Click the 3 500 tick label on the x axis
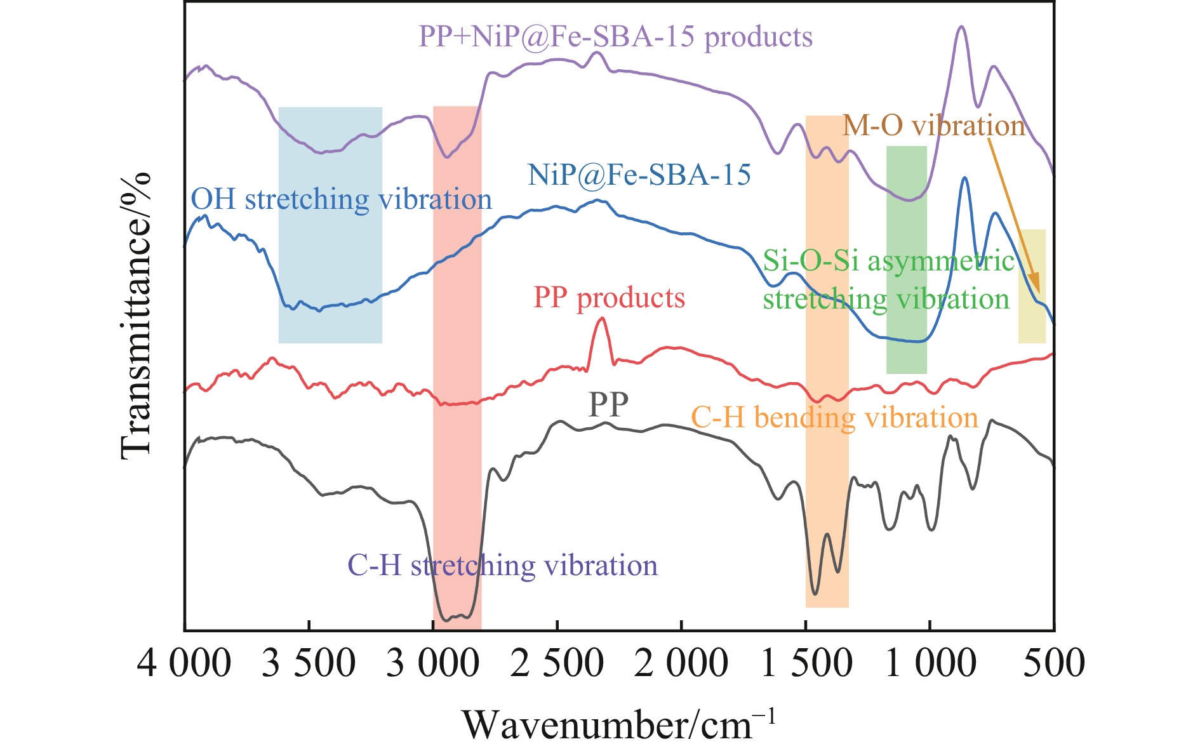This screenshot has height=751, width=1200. pos(309,664)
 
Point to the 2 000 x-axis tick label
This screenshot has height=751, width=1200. pos(681,664)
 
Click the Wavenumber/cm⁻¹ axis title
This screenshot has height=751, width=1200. pos(618,724)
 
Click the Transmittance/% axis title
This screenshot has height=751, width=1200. pos(136,315)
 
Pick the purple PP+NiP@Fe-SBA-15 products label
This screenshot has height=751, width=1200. pos(615,37)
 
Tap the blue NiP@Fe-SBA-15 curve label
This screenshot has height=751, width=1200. pos(639,175)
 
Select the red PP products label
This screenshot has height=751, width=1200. pos(609,298)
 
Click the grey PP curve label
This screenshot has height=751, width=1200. pos(608,404)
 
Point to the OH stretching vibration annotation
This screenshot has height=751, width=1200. pos(342,199)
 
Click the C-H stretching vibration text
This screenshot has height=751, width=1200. pos(502,565)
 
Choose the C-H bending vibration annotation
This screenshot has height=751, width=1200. pos(834,418)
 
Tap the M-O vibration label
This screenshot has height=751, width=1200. pos(933,126)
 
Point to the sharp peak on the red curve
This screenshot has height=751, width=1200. pos(602,319)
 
